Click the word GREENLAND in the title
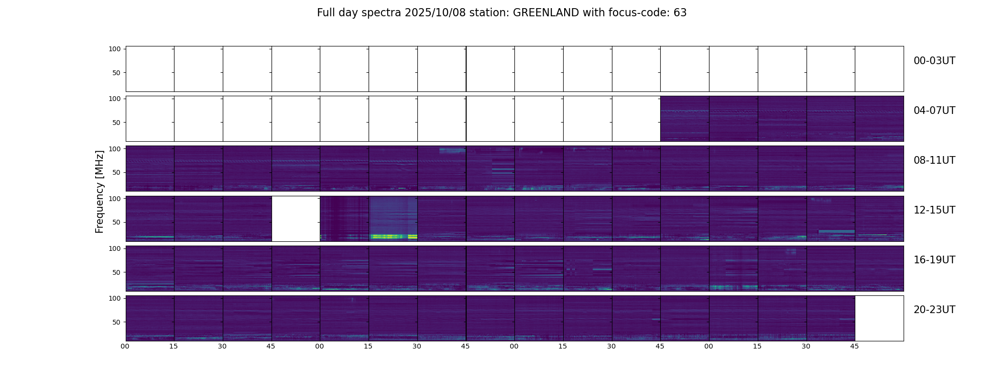tap(546, 13)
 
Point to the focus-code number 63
tap(680, 13)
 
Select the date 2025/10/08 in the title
tap(434, 13)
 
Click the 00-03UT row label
tap(934, 61)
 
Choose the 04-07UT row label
tap(934, 111)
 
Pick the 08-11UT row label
tap(934, 160)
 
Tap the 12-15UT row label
tap(934, 210)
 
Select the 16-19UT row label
tap(934, 260)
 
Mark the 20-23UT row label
tap(934, 310)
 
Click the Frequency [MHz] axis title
tap(99, 191)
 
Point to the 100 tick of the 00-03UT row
tap(115, 49)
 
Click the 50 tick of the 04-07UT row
tap(117, 123)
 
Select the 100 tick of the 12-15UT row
tap(115, 198)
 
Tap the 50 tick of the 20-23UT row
tap(117, 322)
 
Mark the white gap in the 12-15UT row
tap(296, 218)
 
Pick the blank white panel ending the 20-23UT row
tap(879, 318)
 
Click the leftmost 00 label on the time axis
tap(125, 346)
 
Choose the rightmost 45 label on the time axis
tap(854, 346)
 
